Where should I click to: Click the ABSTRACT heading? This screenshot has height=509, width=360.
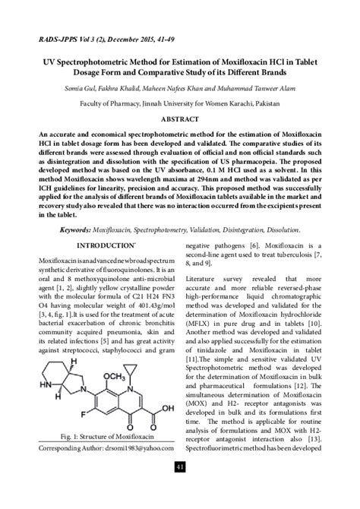click(x=179, y=121)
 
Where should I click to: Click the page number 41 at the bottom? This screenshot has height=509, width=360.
click(x=179, y=488)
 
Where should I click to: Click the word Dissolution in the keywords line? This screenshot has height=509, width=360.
click(x=276, y=228)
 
